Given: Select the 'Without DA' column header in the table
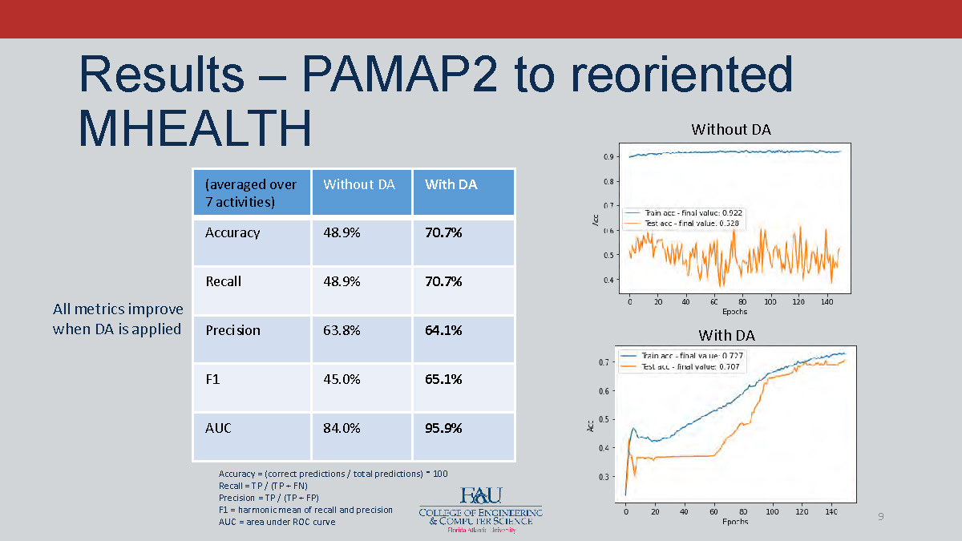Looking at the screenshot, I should (359, 184).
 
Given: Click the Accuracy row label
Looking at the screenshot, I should (232, 232).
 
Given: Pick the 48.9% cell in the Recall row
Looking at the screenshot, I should (342, 281).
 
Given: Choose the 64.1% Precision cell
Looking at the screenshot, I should (443, 330).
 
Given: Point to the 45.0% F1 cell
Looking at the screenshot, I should (342, 379).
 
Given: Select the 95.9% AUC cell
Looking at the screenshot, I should (443, 428).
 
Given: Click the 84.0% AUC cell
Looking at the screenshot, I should (342, 428).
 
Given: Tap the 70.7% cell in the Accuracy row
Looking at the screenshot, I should (443, 232).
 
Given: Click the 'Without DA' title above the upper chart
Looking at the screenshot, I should (730, 129).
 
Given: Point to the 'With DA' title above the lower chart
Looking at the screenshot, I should (726, 335).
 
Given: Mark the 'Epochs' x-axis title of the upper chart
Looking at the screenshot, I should (734, 312).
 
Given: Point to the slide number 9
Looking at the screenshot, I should (880, 516).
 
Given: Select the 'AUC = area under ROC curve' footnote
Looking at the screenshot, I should (277, 522).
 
